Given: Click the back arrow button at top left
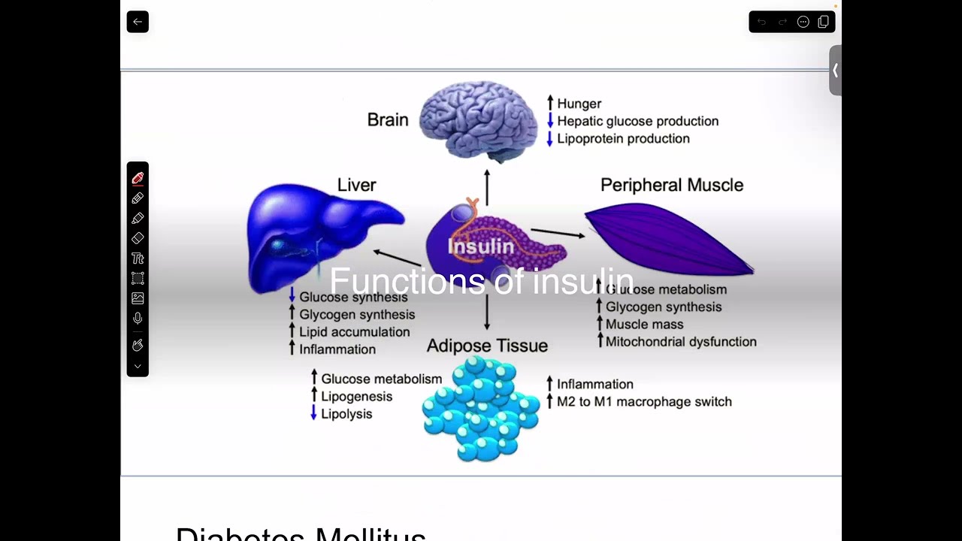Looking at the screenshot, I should (138, 22).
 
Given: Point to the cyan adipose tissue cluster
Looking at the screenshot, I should (481, 410).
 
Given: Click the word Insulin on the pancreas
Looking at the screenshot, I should (481, 246).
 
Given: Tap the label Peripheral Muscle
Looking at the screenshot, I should (671, 185).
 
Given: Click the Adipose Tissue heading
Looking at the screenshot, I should (487, 346).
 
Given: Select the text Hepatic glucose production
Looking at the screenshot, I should (637, 121).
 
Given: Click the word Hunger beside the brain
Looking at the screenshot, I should (579, 104).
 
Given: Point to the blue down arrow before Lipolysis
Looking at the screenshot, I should (313, 413).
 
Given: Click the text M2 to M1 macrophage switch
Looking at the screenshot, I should (644, 402).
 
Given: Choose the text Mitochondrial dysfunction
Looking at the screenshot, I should (681, 342).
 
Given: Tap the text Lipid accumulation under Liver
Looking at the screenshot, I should (354, 332).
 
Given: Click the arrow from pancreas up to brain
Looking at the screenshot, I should (487, 187).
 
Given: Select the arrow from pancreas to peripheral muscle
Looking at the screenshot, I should (558, 233).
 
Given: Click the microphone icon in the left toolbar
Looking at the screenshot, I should (138, 319).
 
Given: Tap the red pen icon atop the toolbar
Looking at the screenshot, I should (138, 178).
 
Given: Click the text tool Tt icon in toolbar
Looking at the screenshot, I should (138, 258).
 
